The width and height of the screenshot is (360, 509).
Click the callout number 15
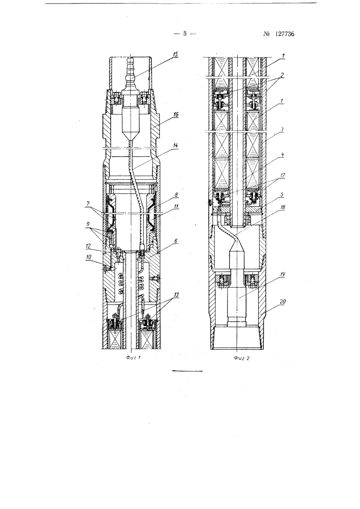[175, 54]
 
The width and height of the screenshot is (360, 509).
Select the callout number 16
[176, 115]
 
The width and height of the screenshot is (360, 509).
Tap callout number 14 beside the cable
[175, 146]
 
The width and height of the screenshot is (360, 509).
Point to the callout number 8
[176, 195]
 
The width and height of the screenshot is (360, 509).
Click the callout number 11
[176, 206]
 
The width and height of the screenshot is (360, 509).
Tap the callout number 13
[176, 294]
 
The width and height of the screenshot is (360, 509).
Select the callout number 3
[283, 129]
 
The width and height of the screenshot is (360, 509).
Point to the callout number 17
[283, 176]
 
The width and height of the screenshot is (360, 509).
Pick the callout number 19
[283, 275]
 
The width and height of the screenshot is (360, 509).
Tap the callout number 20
[283, 301]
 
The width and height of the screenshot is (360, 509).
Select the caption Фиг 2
[240, 358]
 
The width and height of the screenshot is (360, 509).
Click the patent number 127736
[284, 34]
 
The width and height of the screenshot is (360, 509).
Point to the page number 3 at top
[185, 33]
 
